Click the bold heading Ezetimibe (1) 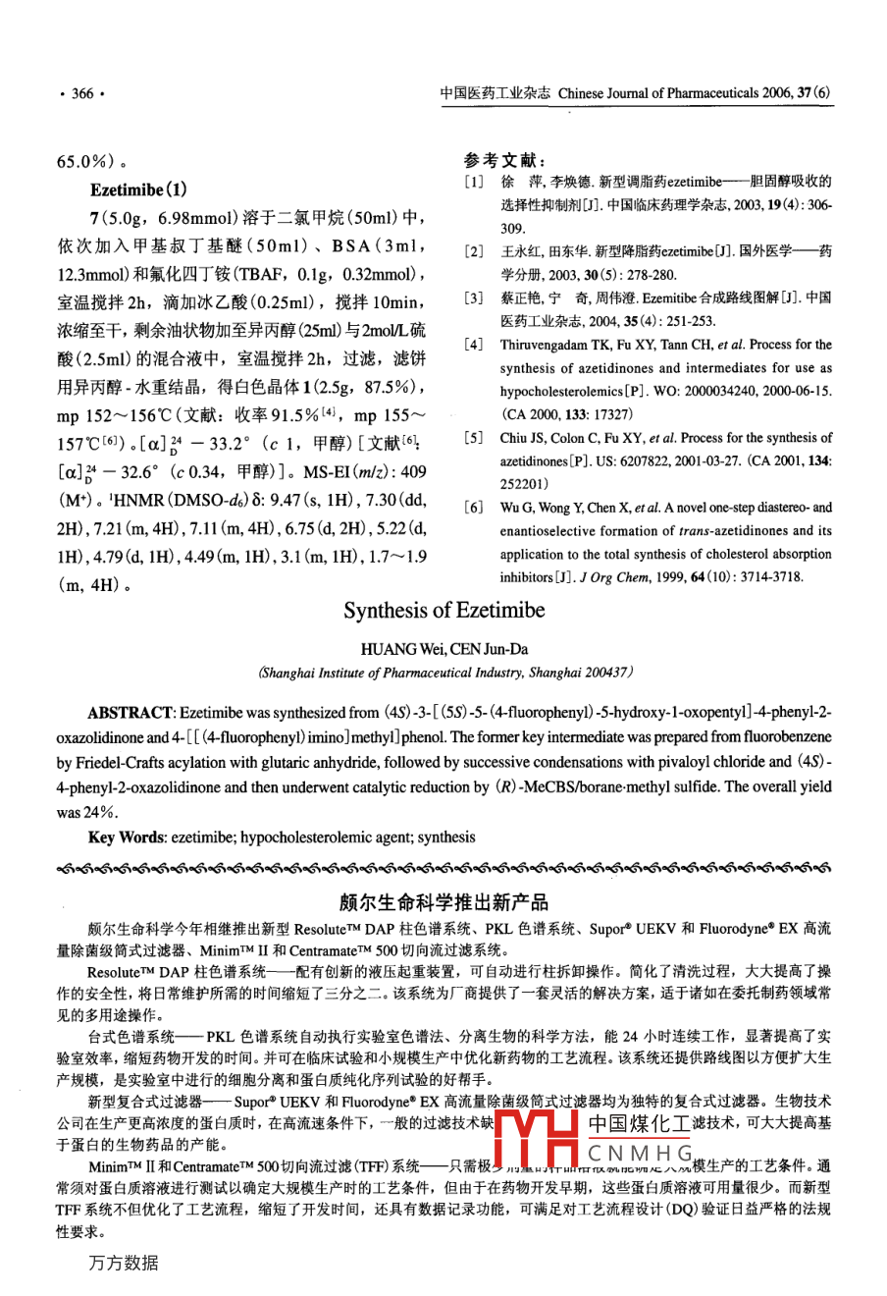pyautogui.click(x=138, y=189)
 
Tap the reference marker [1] pyautogui.click(x=475, y=182)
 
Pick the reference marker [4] pyautogui.click(x=475, y=346)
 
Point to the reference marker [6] pyautogui.click(x=475, y=509)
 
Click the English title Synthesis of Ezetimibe pyautogui.click(x=443, y=611)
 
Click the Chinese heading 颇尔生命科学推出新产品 pyautogui.click(x=443, y=901)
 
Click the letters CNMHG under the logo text pyautogui.click(x=640, y=1153)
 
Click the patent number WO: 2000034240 pyautogui.click(x=702, y=392)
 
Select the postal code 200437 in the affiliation pyautogui.click(x=605, y=673)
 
